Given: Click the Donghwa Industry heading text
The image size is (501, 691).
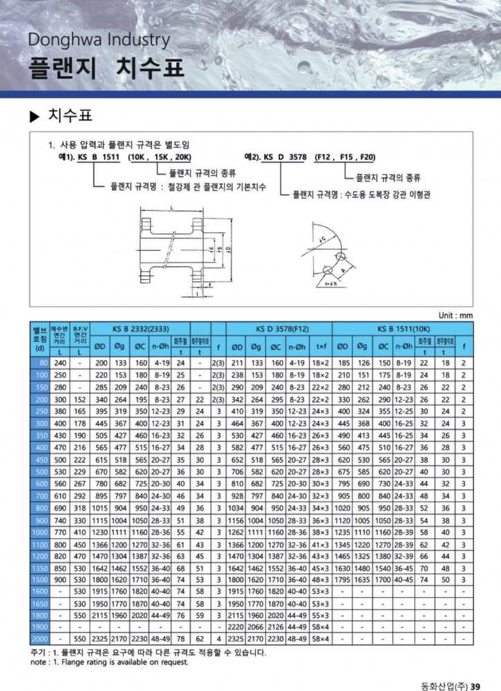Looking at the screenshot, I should click(x=98, y=39).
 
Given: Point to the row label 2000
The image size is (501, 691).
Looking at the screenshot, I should click(x=40, y=639).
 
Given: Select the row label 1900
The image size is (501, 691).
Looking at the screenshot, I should click(x=40, y=627).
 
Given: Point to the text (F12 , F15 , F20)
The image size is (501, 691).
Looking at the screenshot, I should click(x=345, y=158).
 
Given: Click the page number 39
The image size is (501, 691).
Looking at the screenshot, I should click(x=475, y=685).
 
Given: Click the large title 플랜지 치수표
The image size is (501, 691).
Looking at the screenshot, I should click(x=107, y=68).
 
